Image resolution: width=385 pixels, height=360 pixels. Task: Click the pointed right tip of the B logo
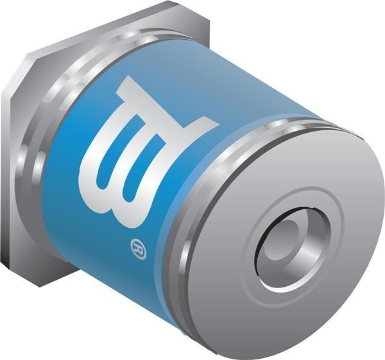[x=219, y=124]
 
